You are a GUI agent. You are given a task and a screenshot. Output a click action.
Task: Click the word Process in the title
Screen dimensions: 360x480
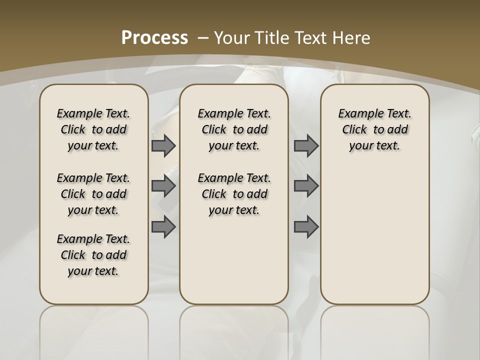tap(154, 37)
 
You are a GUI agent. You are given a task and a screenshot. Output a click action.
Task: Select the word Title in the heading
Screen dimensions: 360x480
tap(272, 37)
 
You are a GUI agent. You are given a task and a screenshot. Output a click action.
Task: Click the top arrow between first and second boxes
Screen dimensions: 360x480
tap(163, 145)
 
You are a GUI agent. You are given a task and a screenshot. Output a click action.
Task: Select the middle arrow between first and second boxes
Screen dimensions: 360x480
tap(163, 186)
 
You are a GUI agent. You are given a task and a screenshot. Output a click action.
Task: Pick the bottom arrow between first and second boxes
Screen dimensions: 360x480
tap(163, 226)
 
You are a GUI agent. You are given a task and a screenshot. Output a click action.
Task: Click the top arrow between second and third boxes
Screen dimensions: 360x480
tap(306, 145)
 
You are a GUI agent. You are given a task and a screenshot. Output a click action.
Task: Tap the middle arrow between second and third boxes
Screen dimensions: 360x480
tap(306, 186)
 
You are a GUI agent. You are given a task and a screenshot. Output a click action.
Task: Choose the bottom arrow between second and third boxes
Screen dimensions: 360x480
tap(306, 226)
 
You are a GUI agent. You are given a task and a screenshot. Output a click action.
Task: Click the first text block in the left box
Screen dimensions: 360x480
tap(93, 129)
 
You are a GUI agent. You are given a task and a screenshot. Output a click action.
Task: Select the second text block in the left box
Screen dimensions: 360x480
tap(93, 194)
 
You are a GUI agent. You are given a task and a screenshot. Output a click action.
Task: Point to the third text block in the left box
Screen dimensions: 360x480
tap(93, 255)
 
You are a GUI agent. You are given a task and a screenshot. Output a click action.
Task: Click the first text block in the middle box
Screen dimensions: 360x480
tap(234, 129)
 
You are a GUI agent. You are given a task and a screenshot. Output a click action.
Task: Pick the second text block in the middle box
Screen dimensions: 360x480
tap(234, 194)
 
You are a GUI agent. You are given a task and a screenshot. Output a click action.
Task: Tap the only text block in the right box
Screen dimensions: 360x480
tap(374, 129)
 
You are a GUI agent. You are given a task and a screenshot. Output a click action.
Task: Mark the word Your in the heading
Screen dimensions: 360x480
tap(233, 37)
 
